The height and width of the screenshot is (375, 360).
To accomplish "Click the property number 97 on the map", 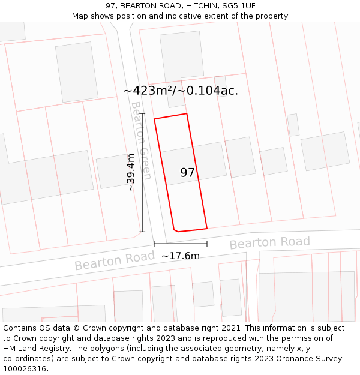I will point(188,173).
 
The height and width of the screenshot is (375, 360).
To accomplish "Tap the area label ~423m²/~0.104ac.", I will point(181,91).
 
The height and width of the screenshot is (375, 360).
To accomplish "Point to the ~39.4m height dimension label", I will point(131,172).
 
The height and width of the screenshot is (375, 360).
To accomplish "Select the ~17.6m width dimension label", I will point(181,256).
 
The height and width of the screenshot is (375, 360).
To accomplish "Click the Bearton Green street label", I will point(141,140).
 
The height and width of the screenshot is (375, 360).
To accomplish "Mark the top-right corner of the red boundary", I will point(187,114).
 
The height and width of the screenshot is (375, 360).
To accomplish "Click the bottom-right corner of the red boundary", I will point(207,228).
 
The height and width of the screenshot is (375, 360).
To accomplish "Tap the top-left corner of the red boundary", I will point(154,119).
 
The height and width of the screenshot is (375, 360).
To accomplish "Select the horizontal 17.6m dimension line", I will point(181,244).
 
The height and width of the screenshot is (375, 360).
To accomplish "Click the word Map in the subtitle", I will point(80,16).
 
